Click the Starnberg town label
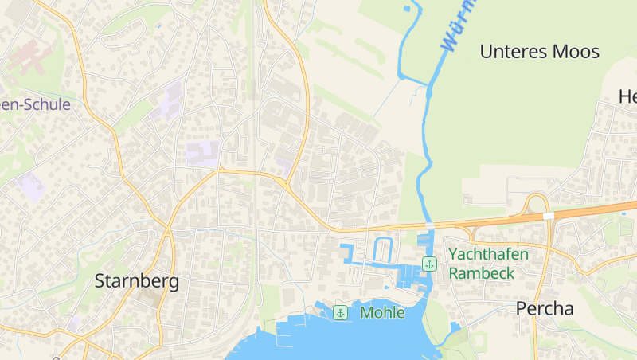point(137,281)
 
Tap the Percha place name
point(545,309)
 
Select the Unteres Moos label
point(539,53)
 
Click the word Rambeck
point(481,272)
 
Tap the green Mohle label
point(382,312)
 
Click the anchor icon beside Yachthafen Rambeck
point(430,264)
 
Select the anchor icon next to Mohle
point(340,312)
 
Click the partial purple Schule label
point(36,104)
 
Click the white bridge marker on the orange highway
point(549,216)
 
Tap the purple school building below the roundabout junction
point(283,165)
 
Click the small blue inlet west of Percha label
point(455,327)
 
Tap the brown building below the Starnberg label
point(148,299)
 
